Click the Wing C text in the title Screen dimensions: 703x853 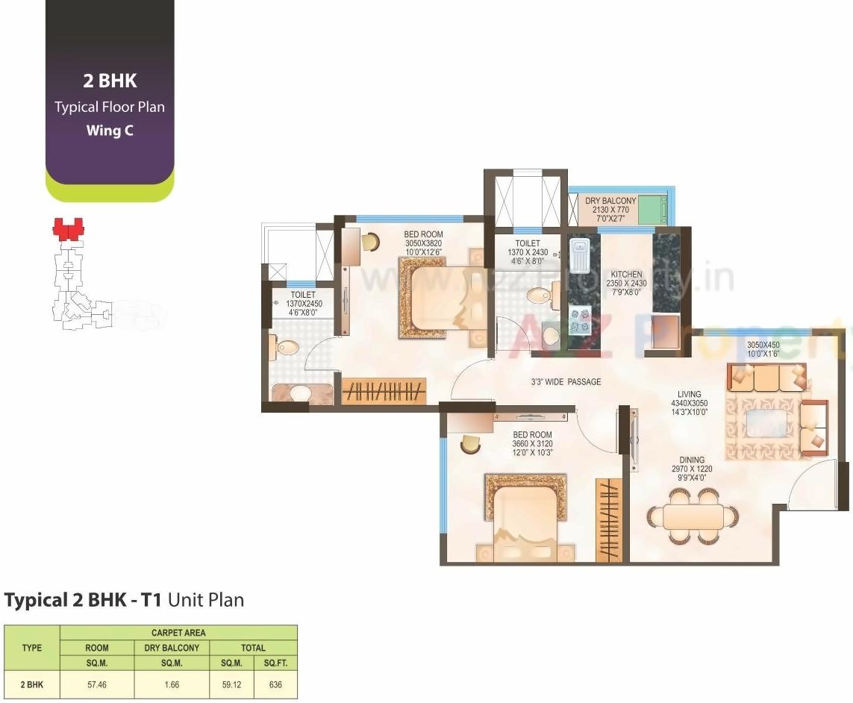pyautogui.click(x=109, y=131)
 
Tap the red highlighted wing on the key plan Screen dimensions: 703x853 pyautogui.click(x=68, y=228)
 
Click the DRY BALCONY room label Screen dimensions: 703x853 pyautogui.click(x=610, y=201)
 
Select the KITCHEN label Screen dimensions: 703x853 pyautogui.click(x=627, y=275)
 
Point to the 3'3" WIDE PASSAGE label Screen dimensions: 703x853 pyautogui.click(x=565, y=382)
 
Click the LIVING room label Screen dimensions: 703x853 pyautogui.click(x=688, y=394)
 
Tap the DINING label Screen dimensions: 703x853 pyautogui.click(x=692, y=460)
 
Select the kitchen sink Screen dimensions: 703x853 pyautogui.click(x=580, y=255)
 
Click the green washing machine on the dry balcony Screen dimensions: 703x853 pyautogui.click(x=654, y=210)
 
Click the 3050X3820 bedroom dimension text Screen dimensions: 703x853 pyautogui.click(x=424, y=243)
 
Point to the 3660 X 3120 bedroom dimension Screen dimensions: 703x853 pyautogui.click(x=532, y=443)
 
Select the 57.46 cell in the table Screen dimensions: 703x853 pyautogui.click(x=97, y=684)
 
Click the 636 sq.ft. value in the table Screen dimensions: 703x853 pyautogui.click(x=275, y=684)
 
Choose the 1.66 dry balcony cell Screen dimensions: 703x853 pyautogui.click(x=172, y=684)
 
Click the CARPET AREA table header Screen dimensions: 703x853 pyautogui.click(x=178, y=633)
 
